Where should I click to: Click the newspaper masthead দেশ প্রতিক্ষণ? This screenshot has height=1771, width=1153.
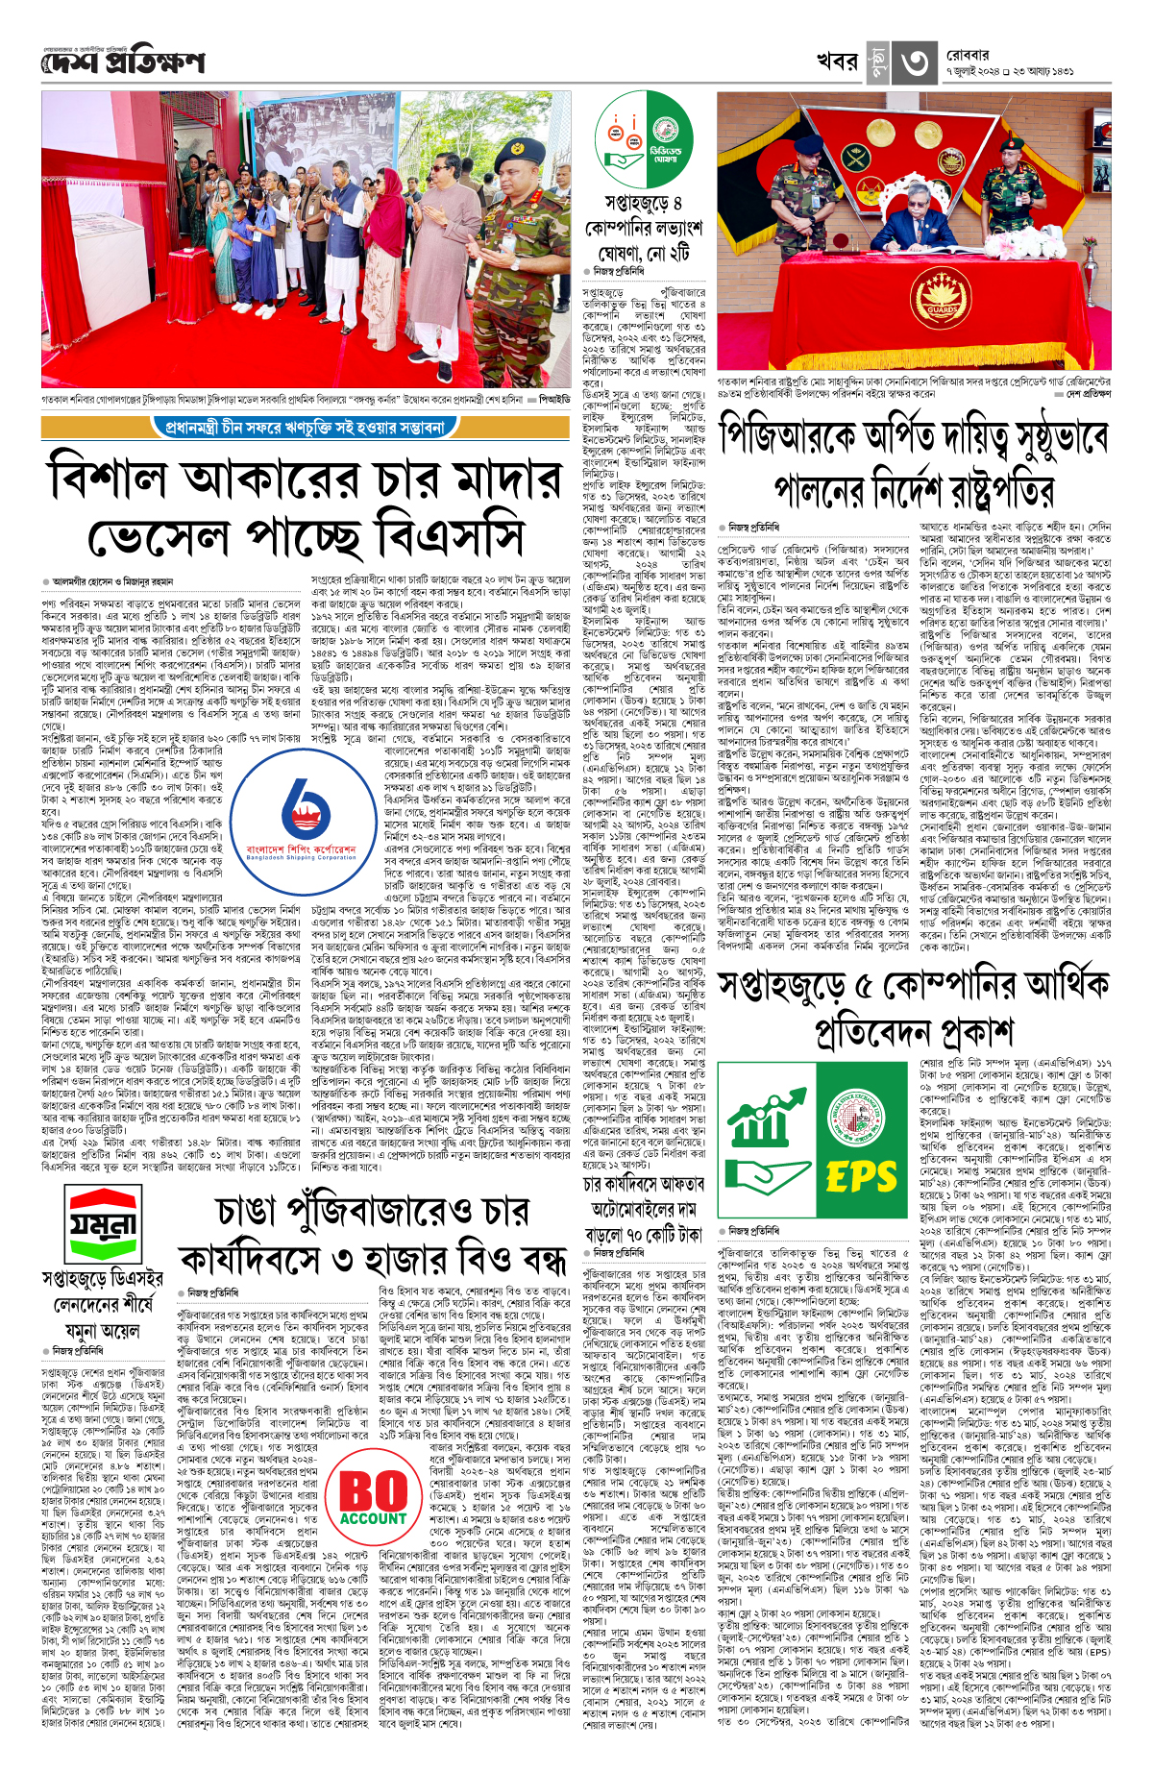(x=123, y=62)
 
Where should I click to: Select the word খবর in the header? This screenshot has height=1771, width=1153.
(x=837, y=61)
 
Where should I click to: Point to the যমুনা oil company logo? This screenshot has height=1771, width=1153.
(x=101, y=1224)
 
